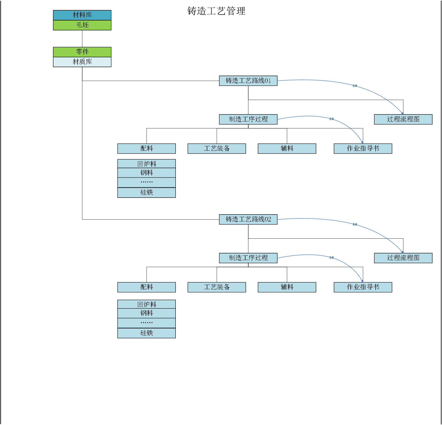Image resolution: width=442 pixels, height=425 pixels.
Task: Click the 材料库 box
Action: [x=82, y=15]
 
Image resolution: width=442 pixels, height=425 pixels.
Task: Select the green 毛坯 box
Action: [x=82, y=25]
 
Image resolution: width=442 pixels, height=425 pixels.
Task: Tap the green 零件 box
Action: [x=82, y=52]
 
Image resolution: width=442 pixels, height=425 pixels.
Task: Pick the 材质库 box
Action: [x=82, y=62]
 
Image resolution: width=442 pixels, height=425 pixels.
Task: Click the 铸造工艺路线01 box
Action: [x=248, y=81]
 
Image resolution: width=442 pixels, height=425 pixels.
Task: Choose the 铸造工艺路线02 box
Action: [x=248, y=219]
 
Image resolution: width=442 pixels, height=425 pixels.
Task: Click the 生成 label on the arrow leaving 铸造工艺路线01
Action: [x=355, y=86]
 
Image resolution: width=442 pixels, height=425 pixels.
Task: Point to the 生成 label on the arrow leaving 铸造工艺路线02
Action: [x=355, y=224]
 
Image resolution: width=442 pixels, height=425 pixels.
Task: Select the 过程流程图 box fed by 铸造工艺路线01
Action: [x=403, y=119]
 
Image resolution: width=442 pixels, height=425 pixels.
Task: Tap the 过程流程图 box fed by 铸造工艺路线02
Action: [x=403, y=258]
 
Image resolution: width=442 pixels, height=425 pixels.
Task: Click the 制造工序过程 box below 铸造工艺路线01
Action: [x=248, y=119]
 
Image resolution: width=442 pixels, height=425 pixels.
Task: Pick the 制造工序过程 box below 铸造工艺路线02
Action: [x=248, y=258]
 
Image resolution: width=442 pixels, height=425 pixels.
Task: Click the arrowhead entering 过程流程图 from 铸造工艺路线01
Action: [x=402, y=113]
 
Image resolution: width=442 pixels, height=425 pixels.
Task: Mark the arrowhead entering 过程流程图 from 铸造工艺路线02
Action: [x=402, y=252]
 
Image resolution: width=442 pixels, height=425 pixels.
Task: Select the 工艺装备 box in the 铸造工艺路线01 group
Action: [x=217, y=149]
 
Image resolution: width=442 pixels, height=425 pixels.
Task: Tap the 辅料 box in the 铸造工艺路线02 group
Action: [x=287, y=287]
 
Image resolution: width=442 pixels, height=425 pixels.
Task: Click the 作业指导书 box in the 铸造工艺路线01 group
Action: [x=363, y=149]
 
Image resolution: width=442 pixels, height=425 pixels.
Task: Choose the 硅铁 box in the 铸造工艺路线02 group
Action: [x=146, y=333]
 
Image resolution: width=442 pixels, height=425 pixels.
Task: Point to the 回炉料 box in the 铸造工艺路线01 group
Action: [x=146, y=164]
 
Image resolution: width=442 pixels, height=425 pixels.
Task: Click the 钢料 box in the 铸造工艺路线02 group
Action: [x=146, y=313]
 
